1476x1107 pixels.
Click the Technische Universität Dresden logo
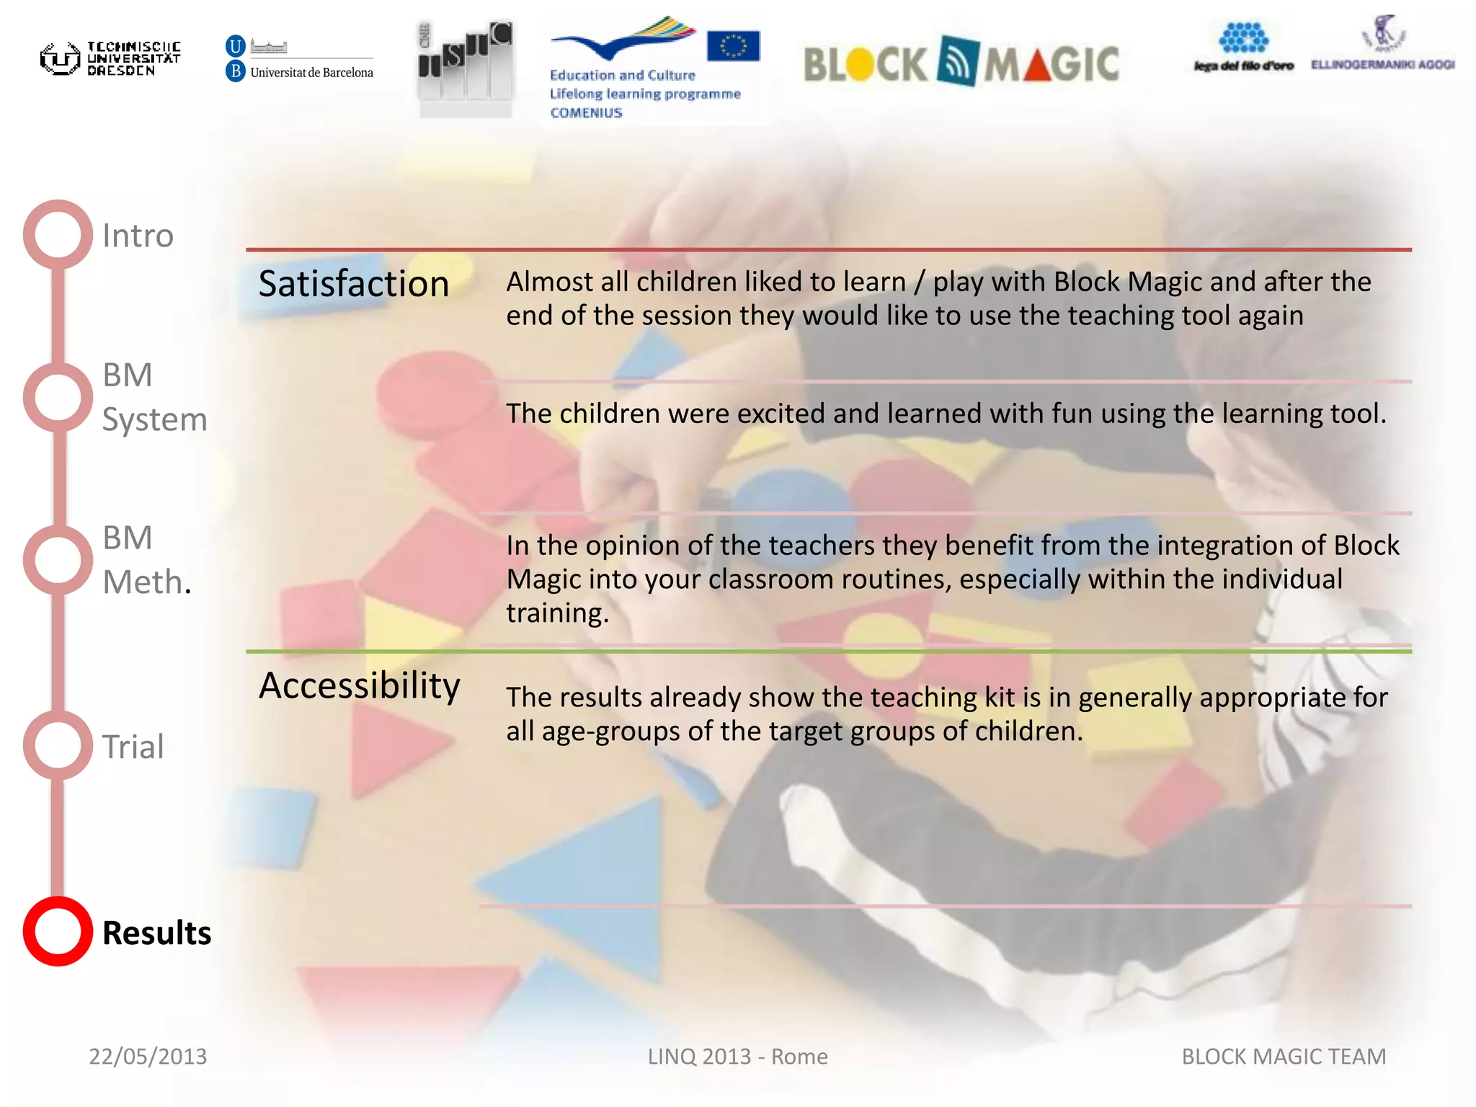click(110, 58)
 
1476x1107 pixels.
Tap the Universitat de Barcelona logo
click(300, 58)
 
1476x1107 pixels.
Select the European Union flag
click(733, 45)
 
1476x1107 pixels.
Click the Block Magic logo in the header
click(961, 63)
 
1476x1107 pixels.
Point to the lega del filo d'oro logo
click(1243, 48)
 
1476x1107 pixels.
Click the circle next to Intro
click(58, 234)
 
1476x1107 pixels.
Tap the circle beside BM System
click(58, 397)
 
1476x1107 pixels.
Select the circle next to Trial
click(58, 745)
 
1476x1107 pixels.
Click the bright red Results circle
click(58, 931)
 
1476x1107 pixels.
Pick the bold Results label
click(156, 933)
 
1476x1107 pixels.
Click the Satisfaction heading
click(353, 283)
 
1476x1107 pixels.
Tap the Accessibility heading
click(359, 685)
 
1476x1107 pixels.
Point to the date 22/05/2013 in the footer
click(148, 1056)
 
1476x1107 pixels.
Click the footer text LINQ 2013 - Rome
click(737, 1056)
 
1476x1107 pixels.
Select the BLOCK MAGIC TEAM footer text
click(1284, 1056)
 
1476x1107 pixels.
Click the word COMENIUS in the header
click(586, 112)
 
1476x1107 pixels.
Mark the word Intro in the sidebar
click(138, 236)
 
